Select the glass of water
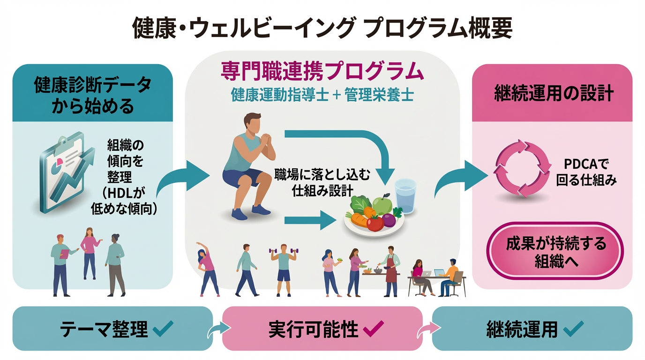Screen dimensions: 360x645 pyautogui.click(x=405, y=196)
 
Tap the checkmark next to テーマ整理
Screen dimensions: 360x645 pyautogui.click(x=163, y=329)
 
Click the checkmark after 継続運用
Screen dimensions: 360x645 pyautogui.click(x=573, y=329)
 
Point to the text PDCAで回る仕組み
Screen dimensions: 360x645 pyautogui.click(x=586, y=172)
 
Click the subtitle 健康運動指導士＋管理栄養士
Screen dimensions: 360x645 pyautogui.click(x=322, y=95)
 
